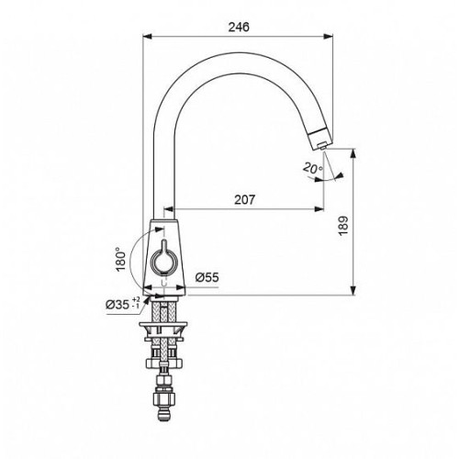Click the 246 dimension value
pos(239,27)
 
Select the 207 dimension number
pos(244,200)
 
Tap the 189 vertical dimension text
pos(344,226)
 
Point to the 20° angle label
pos(313,168)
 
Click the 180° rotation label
pos(121,259)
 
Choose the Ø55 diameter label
pos(207,277)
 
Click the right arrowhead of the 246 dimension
pos(329,37)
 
